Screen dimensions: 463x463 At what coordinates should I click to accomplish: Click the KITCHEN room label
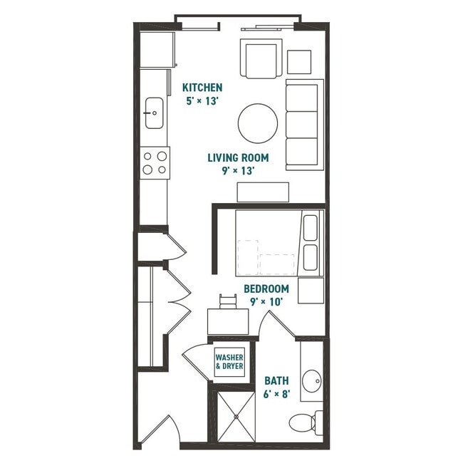(x=202, y=88)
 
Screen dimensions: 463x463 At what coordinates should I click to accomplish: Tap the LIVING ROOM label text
(x=238, y=157)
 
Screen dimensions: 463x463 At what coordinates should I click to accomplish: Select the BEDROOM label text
(x=266, y=288)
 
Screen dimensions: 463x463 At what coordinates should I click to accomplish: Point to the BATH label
(x=276, y=380)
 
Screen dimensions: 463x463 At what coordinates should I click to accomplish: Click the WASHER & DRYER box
(x=229, y=361)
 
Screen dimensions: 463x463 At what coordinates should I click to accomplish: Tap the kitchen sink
(x=153, y=113)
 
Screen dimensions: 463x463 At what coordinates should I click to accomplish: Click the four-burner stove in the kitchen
(x=155, y=162)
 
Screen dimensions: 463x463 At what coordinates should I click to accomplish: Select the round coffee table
(x=258, y=124)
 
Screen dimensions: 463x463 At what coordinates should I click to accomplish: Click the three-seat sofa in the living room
(x=304, y=125)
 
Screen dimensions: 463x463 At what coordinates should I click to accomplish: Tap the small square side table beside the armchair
(x=299, y=61)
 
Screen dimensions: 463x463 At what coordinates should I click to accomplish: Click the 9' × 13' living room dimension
(x=238, y=171)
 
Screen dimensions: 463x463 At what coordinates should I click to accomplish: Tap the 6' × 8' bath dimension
(x=276, y=394)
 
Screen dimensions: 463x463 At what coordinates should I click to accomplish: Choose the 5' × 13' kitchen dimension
(x=202, y=100)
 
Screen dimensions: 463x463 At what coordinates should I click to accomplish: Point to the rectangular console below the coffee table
(x=263, y=192)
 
